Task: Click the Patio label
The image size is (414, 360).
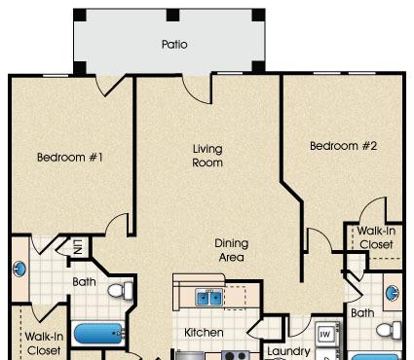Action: (x=174, y=44)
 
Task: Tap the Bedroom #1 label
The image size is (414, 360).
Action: (x=70, y=158)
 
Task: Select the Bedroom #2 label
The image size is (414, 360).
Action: (x=343, y=146)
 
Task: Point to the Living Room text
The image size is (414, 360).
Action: (x=207, y=156)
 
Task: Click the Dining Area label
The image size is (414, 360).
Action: (x=232, y=250)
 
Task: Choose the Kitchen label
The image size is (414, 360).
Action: (x=204, y=333)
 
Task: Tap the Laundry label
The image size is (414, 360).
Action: (x=288, y=351)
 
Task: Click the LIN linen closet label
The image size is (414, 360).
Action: (x=78, y=247)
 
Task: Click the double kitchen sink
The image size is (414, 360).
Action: (x=209, y=298)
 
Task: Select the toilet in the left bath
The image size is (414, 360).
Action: (x=120, y=291)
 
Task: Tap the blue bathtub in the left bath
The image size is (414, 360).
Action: (x=99, y=334)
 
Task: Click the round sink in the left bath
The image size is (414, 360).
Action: (x=19, y=269)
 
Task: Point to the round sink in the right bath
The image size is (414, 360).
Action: (x=393, y=293)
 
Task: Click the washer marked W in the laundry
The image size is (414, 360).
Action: (x=326, y=334)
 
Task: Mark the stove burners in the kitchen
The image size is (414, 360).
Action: (x=236, y=356)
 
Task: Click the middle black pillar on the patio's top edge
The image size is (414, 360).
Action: (x=172, y=15)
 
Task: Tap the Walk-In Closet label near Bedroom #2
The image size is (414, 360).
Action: (x=376, y=237)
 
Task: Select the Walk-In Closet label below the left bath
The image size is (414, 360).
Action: (x=44, y=343)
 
